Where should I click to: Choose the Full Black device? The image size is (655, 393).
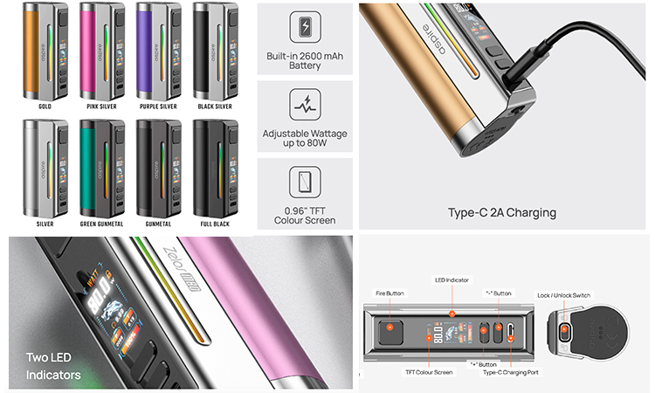point(213,167)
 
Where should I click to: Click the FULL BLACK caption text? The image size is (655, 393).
point(214,224)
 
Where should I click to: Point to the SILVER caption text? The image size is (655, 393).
point(45,224)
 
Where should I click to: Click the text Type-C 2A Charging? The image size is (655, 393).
point(501,212)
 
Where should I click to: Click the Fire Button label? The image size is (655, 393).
point(391,293)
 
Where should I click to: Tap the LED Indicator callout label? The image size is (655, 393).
point(453,281)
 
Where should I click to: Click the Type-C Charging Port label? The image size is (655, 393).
point(510,372)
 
